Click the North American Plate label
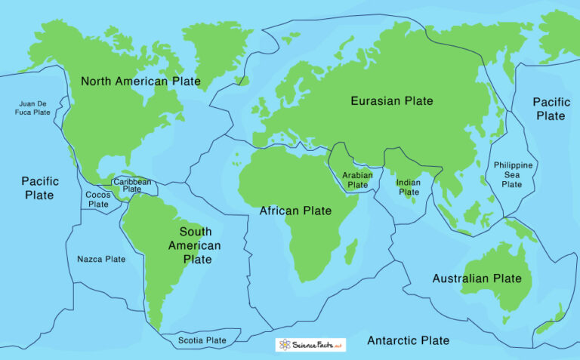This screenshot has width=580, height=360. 140,82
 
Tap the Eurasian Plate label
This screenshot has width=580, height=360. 392,100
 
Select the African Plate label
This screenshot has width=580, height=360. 295,211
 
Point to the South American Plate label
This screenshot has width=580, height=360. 195,245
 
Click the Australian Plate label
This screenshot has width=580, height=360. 477,278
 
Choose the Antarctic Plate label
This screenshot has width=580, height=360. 408,340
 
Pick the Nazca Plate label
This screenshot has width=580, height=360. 101,259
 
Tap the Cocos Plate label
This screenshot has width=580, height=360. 98,199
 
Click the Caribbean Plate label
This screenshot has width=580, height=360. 132,185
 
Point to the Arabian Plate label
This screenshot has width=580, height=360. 357,179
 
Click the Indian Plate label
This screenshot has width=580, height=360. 409,187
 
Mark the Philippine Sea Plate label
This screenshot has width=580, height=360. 513,174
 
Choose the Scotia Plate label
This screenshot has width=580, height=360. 202,340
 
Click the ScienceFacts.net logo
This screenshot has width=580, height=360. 310,344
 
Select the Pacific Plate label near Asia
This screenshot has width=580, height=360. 550,109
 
